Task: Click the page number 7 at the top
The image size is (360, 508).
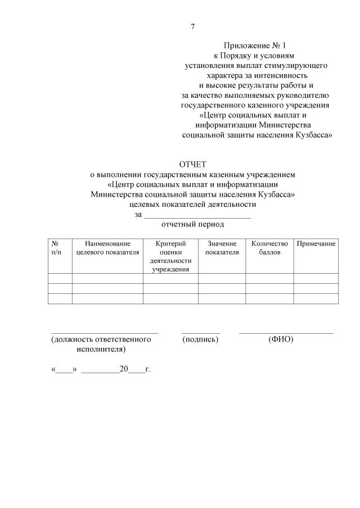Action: [193, 26]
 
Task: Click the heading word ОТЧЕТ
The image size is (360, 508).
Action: [193, 165]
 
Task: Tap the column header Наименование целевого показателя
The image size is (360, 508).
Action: [107, 248]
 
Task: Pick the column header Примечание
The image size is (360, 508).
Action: [316, 243]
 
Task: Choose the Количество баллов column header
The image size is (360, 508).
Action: [269, 248]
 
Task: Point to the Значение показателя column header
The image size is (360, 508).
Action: [222, 248]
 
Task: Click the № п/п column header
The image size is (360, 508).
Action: [56, 248]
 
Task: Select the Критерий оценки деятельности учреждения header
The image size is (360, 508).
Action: [170, 256]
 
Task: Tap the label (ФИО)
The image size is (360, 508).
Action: [281, 339]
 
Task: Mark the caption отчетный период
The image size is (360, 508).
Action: [192, 225]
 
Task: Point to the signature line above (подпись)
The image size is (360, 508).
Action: [200, 333]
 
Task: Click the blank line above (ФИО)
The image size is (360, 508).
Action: [286, 333]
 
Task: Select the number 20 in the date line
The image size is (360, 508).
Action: [124, 370]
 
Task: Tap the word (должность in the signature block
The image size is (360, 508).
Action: [75, 339]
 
